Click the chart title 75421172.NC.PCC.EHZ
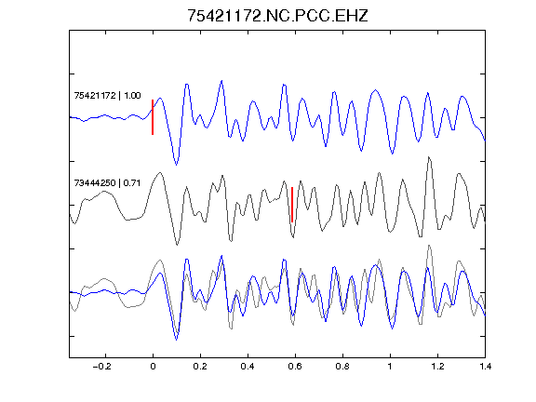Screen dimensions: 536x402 277,16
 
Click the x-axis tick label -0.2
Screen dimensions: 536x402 102,367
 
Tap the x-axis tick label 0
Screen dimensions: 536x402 153,367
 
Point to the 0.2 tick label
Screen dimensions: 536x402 200,367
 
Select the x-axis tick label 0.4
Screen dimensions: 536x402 248,367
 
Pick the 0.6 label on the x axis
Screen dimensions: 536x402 295,367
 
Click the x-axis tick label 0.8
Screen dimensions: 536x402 342,367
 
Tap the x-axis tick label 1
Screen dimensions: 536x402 390,367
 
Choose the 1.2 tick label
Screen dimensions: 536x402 437,367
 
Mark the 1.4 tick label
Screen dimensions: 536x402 485,367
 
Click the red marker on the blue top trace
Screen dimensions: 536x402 153,117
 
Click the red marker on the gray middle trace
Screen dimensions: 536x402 292,205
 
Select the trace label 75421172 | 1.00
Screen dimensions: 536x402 107,95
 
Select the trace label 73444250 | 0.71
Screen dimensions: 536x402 107,183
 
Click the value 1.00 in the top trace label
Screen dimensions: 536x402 132,95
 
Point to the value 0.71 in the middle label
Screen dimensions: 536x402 132,183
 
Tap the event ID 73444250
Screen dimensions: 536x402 95,183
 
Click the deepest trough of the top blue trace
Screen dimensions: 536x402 177,165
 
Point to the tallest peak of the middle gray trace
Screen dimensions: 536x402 429,157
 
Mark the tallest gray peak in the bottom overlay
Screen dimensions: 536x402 429,246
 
